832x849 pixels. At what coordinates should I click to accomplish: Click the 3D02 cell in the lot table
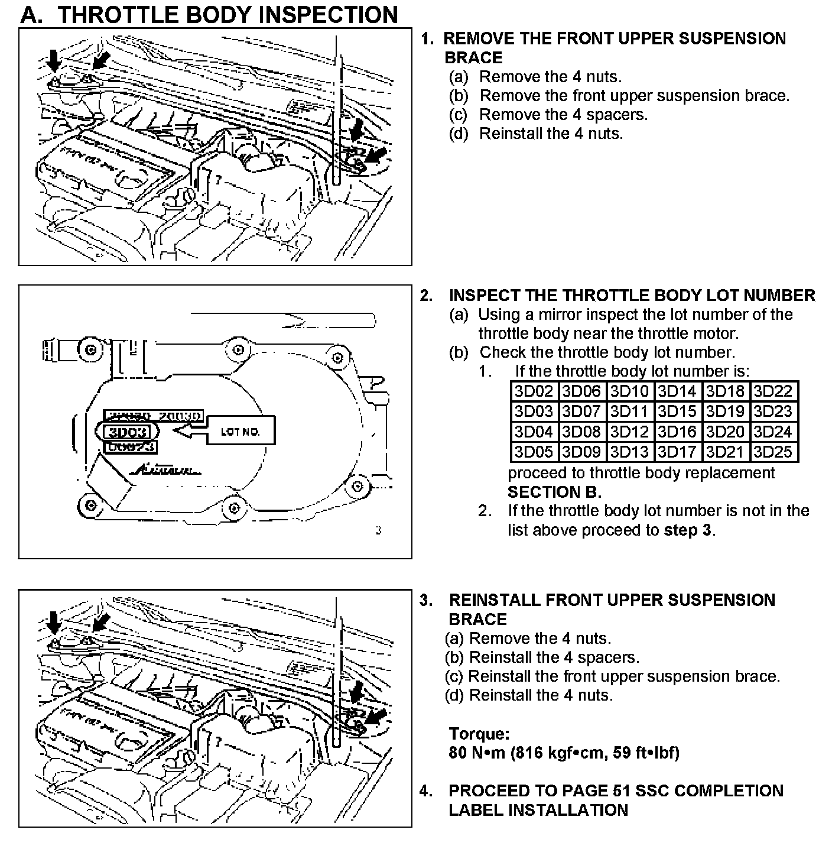click(x=534, y=391)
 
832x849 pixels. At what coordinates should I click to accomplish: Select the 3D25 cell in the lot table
click(x=773, y=452)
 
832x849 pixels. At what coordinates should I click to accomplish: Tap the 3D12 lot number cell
click(x=629, y=432)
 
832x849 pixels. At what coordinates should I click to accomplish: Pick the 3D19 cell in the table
click(x=725, y=411)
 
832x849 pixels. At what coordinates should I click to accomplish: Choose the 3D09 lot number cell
click(x=581, y=452)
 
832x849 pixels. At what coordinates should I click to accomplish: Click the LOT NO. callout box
click(x=240, y=431)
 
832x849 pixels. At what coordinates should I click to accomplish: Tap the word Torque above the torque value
click(x=479, y=734)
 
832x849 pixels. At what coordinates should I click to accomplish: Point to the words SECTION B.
click(x=554, y=492)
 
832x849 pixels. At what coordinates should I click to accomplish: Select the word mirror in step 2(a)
click(x=559, y=315)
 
